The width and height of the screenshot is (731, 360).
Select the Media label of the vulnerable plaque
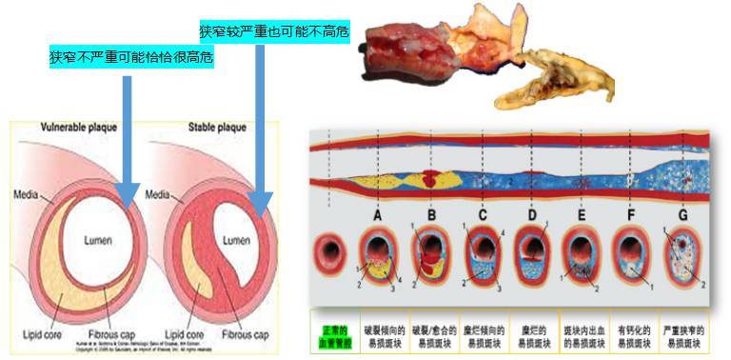(x=27, y=194)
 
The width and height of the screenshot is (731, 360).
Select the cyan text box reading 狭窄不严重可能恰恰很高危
(x=131, y=57)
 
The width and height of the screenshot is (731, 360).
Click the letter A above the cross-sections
(x=378, y=216)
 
